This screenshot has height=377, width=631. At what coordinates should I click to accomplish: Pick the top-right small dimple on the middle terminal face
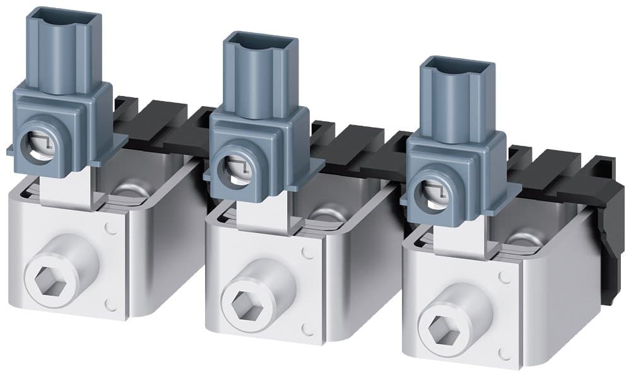[307, 252]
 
